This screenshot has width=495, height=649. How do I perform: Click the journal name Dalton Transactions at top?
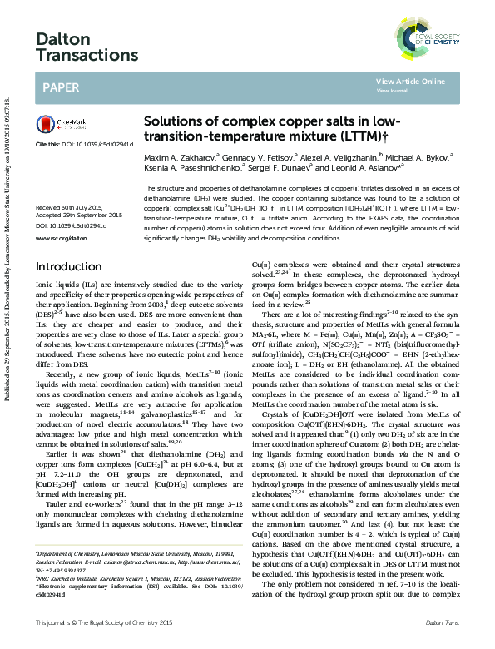point(87,46)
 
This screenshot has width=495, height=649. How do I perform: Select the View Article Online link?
point(410,82)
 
